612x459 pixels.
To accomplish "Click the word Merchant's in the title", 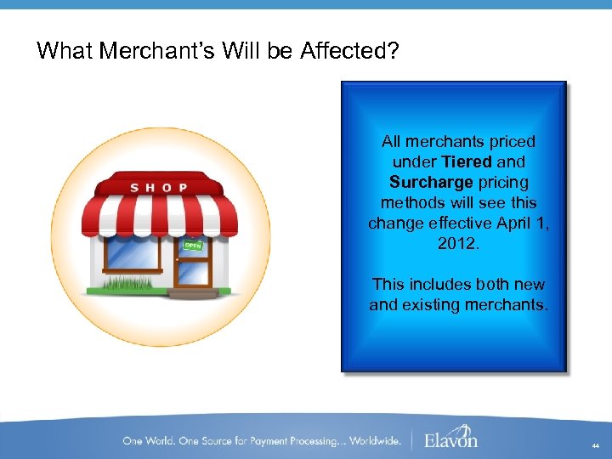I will click(x=158, y=51).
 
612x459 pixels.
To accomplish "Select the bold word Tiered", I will click(x=466, y=161).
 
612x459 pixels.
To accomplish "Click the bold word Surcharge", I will click(x=431, y=182).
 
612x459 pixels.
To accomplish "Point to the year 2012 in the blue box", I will click(x=459, y=243).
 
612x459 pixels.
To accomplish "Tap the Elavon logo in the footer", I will click(x=450, y=439).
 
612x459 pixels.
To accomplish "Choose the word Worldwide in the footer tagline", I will click(x=371, y=440).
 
